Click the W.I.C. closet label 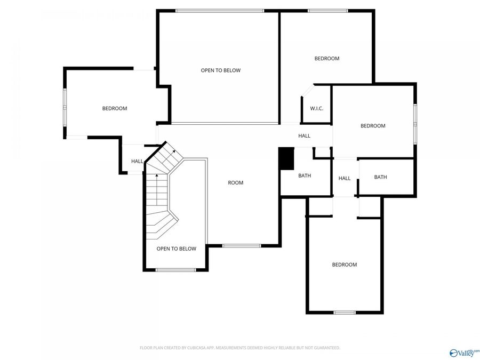click(316, 109)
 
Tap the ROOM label click(235, 183)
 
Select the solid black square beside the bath click(286, 159)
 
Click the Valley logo click(465, 353)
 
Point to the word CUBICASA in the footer click(195, 348)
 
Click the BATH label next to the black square click(305, 176)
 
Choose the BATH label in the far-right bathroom click(380, 177)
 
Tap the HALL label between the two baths click(345, 178)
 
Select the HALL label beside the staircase click(137, 162)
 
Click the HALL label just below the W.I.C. click(304, 136)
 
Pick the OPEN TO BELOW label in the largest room click(220, 70)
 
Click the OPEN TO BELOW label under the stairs click(176, 249)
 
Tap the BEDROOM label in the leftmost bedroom click(115, 109)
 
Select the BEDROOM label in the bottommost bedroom click(345, 265)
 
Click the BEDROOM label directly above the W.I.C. click(326, 59)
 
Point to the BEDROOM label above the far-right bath click(373, 126)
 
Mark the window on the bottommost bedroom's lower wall click(345, 312)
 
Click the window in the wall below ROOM click(242, 246)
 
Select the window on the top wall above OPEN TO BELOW click(220, 11)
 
